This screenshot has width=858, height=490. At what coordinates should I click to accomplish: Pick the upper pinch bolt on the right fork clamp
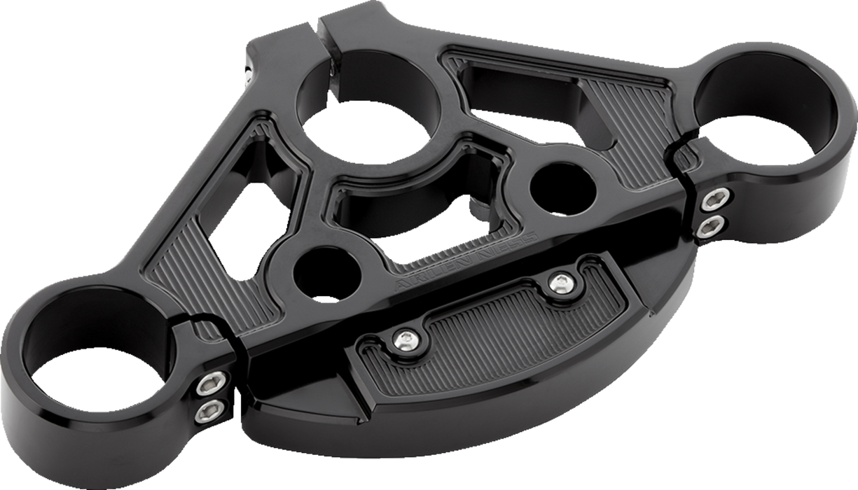pyautogui.click(x=714, y=200)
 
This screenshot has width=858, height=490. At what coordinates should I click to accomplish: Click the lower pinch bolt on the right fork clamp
pyautogui.click(x=714, y=224)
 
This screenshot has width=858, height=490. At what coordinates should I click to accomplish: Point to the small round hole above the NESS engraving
pyautogui.click(x=558, y=185)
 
